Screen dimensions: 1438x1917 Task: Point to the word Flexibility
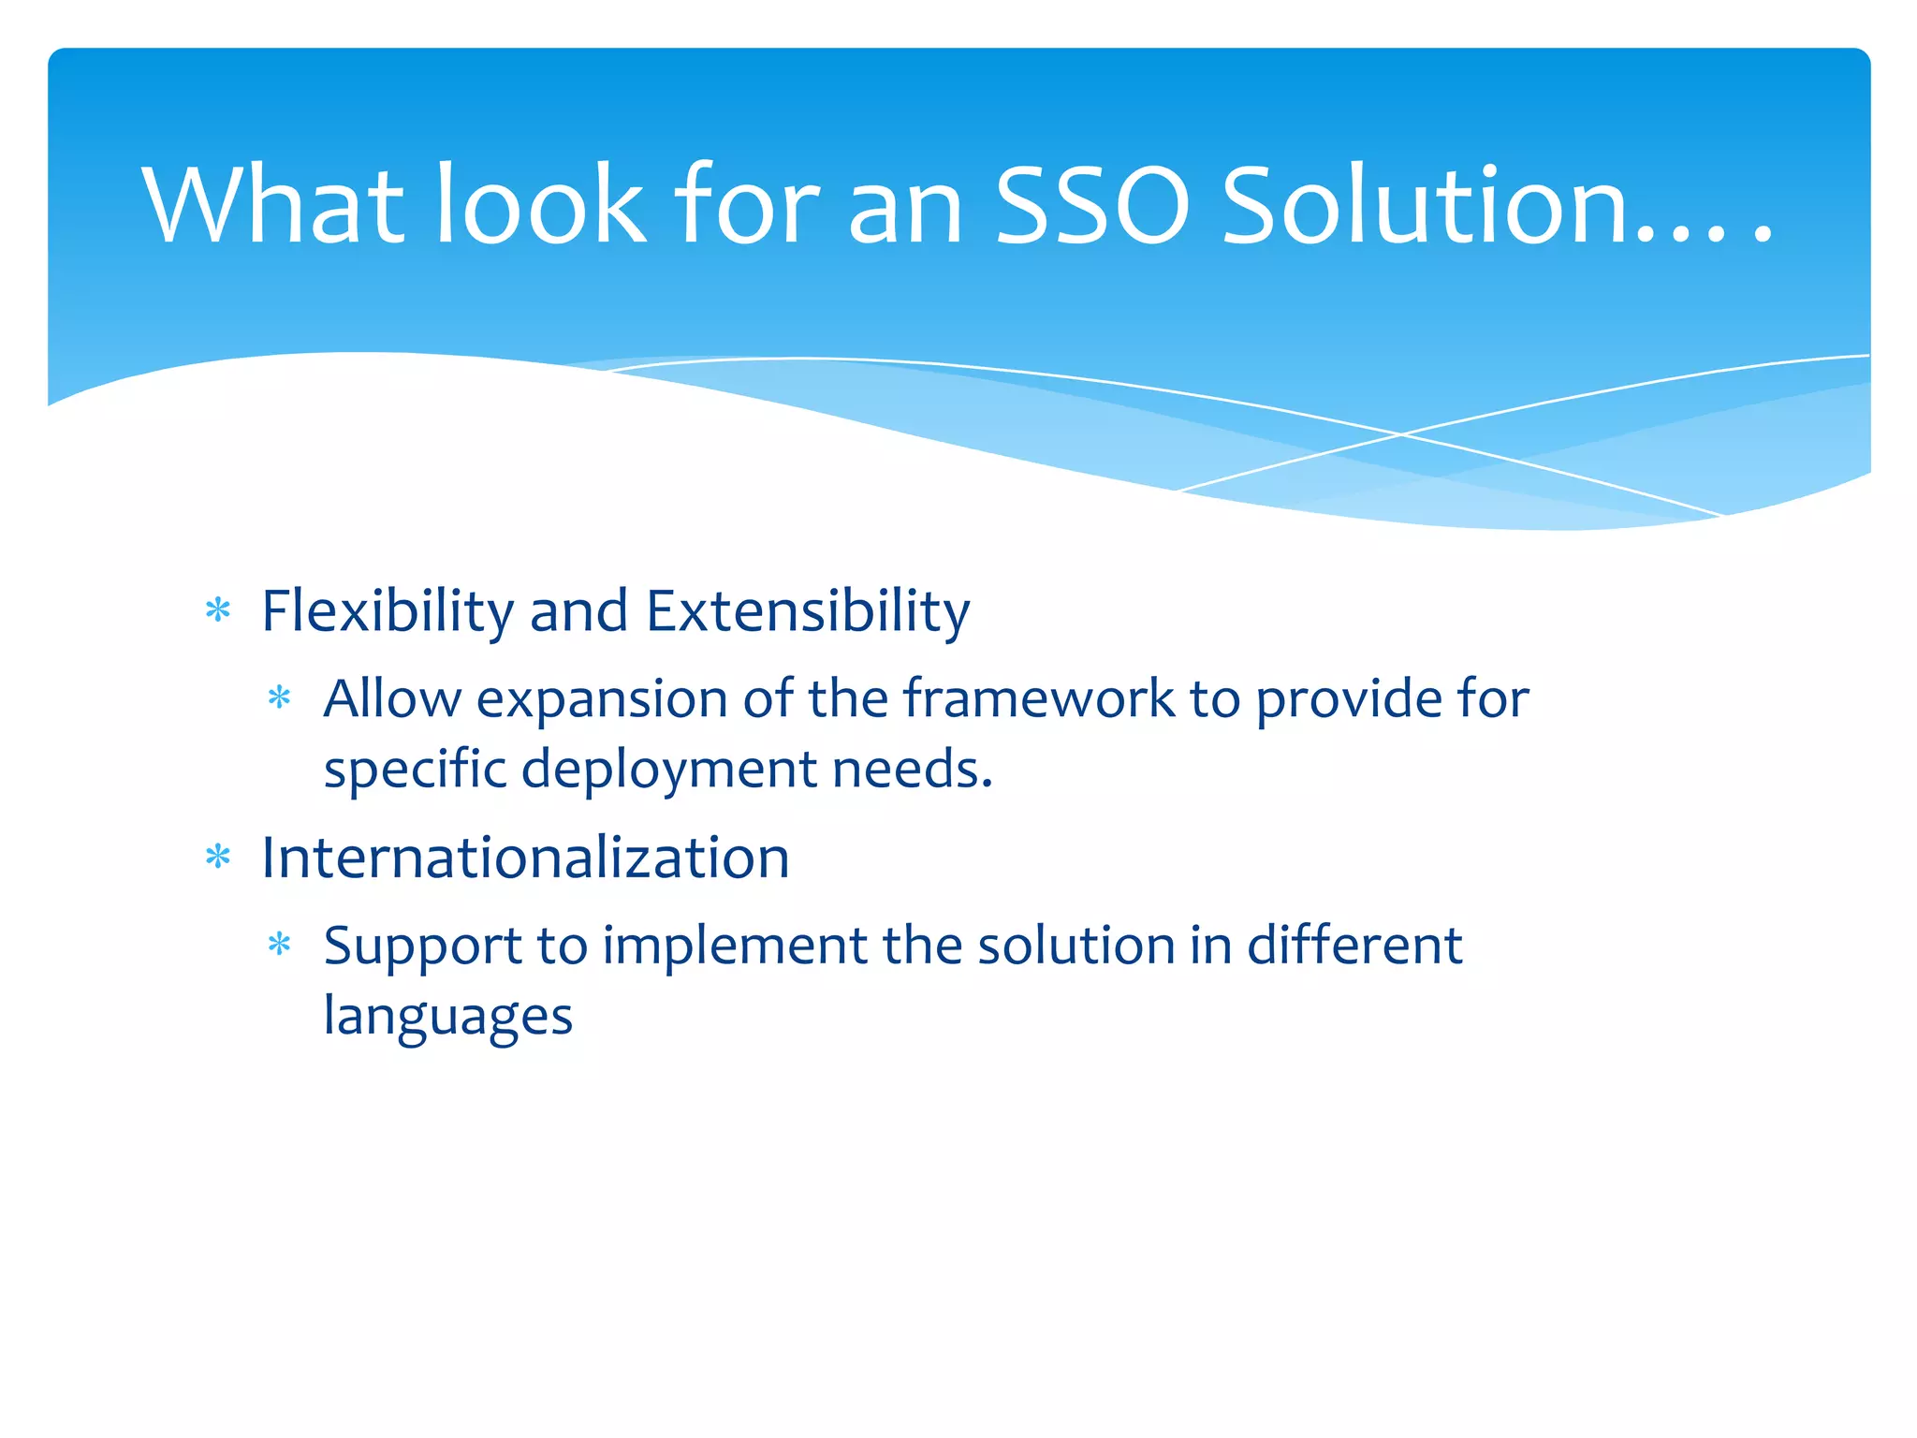point(387,611)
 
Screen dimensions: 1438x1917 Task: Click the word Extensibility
point(807,611)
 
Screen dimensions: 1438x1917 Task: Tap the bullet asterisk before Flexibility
point(218,611)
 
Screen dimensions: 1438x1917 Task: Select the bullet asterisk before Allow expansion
point(280,698)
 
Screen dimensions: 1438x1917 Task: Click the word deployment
point(668,770)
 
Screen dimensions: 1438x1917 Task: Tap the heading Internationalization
point(525,858)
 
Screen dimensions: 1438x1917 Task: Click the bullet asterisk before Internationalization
point(218,858)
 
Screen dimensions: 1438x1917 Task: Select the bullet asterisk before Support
point(280,945)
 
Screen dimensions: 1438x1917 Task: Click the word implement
point(735,946)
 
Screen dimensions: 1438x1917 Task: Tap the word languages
point(447,1018)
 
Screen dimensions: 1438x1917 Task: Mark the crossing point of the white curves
point(1401,434)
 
